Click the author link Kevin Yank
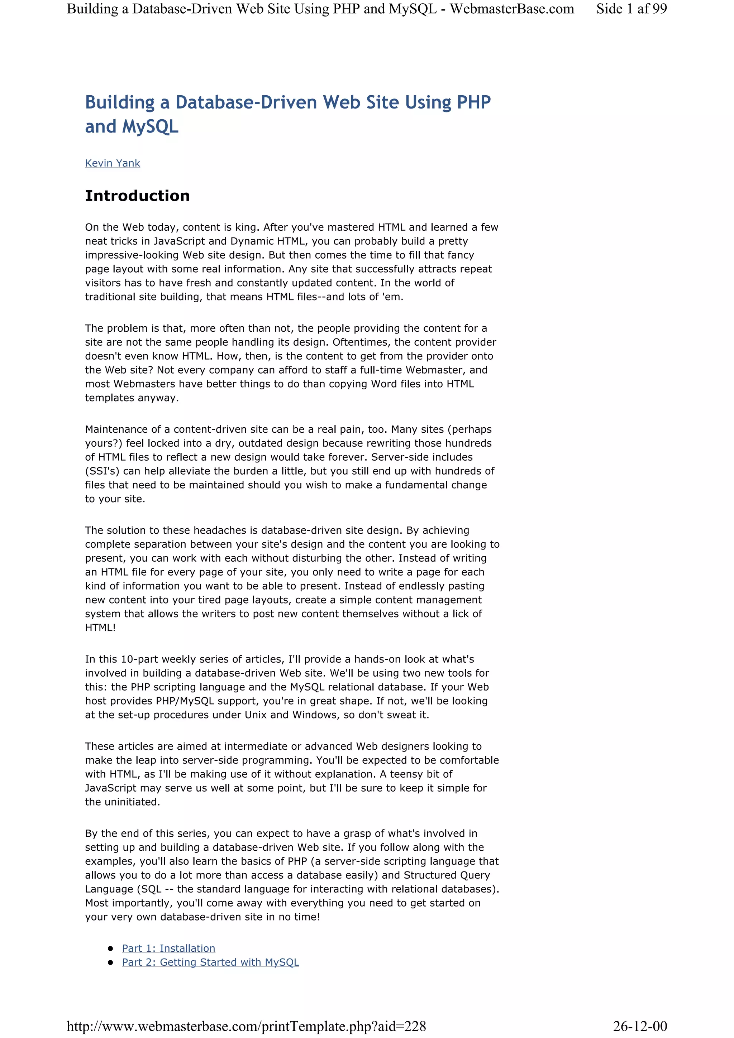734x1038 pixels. click(112, 163)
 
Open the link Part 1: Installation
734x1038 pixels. click(168, 948)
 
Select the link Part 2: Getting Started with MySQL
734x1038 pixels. click(210, 962)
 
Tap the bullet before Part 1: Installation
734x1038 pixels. click(110, 948)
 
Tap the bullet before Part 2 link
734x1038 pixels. click(110, 962)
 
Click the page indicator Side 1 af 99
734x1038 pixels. click(631, 9)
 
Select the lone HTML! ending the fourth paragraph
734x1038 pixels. click(100, 628)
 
